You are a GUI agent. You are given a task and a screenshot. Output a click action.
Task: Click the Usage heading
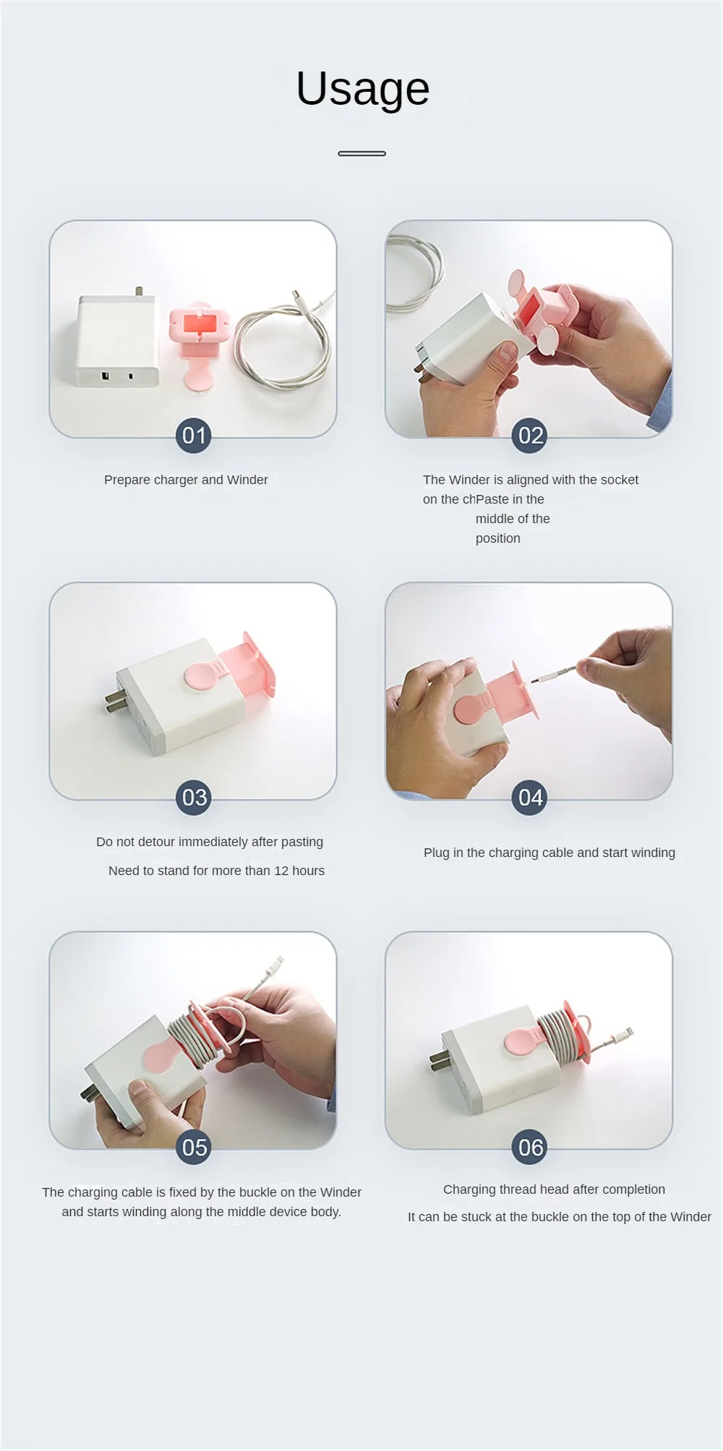[x=363, y=90]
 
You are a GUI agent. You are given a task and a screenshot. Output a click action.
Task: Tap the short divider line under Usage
[x=361, y=153]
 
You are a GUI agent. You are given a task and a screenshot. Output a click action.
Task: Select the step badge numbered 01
[x=194, y=436]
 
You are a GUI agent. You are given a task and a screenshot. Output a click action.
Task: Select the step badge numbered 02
[x=530, y=436]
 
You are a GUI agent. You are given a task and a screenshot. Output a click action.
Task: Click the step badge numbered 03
[x=194, y=798]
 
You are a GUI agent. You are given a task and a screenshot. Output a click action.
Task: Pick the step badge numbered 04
[x=530, y=798]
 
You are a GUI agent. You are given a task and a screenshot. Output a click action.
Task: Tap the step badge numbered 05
[x=194, y=1148]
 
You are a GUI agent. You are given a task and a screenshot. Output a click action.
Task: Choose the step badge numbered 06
[x=530, y=1148]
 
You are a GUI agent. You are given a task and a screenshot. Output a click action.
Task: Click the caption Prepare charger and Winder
[x=186, y=480]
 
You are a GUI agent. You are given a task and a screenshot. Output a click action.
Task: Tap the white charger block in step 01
[x=117, y=339]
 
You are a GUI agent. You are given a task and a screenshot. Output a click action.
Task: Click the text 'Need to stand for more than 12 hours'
[x=216, y=871]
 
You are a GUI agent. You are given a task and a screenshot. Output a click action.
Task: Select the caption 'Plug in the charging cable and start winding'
[x=549, y=853]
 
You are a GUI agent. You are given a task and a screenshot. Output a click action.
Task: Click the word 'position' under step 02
[x=498, y=538]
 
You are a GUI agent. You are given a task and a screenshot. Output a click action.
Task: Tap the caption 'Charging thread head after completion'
[x=554, y=1189]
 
